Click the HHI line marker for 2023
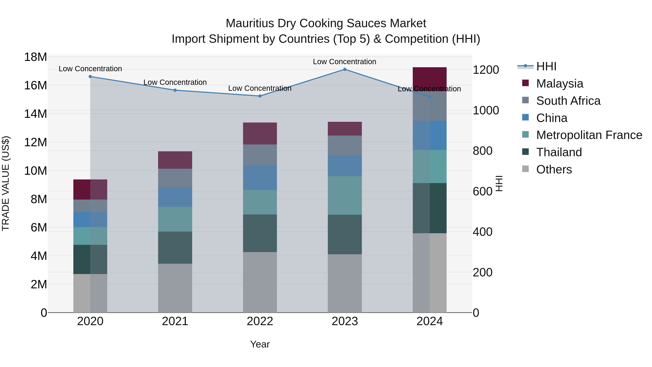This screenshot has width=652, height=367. pyautogui.click(x=345, y=69)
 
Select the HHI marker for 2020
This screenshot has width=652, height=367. pyautogui.click(x=90, y=76)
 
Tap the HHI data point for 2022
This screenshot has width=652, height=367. pyautogui.click(x=260, y=96)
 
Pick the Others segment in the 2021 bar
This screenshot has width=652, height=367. pyautogui.click(x=175, y=288)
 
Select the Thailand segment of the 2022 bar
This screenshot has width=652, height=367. pyautogui.click(x=260, y=233)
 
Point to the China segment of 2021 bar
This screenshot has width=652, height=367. pyautogui.click(x=175, y=197)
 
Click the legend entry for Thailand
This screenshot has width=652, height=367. pyautogui.click(x=559, y=152)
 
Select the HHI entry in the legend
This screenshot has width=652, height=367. pyautogui.click(x=546, y=66)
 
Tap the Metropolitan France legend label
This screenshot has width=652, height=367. pyautogui.click(x=589, y=135)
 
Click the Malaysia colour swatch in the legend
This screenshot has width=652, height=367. pyautogui.click(x=525, y=83)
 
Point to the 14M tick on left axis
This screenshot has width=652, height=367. pyautogui.click(x=35, y=114)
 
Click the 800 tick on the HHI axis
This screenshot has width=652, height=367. pyautogui.click(x=482, y=151)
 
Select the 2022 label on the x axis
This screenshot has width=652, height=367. pyautogui.click(x=260, y=321)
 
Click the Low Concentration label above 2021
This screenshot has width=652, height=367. pyautogui.click(x=175, y=82)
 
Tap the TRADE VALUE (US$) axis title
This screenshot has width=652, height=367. pyautogui.click(x=6, y=183)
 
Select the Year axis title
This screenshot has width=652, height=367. pyautogui.click(x=260, y=344)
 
